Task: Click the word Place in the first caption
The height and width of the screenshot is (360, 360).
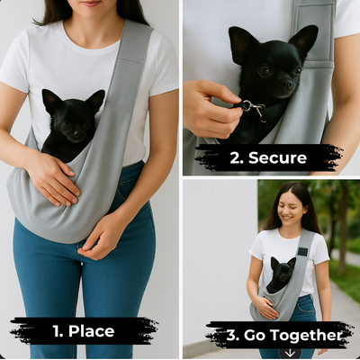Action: click(x=91, y=331)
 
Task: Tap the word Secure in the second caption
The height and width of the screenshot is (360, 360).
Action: click(x=277, y=157)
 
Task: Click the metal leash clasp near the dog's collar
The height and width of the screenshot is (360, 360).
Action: click(x=254, y=109)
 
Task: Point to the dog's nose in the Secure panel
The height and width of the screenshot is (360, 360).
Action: click(x=287, y=85)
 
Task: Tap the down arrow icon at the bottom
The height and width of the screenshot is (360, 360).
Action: click(x=290, y=353)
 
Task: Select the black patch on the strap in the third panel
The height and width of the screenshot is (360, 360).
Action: click(x=302, y=251)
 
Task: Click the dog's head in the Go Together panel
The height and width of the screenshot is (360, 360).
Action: click(x=283, y=272)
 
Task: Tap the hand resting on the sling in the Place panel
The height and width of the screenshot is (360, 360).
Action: click(x=54, y=180)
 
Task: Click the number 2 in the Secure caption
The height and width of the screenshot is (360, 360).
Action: click(x=234, y=158)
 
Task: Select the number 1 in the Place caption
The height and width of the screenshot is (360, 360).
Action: click(x=56, y=331)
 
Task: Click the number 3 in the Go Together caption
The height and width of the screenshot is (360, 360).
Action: click(x=231, y=336)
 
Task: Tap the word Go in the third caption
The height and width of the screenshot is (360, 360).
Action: click(x=251, y=336)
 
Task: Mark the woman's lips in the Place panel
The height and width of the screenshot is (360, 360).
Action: click(x=91, y=4)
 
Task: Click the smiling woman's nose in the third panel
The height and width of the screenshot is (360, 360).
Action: click(x=285, y=209)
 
